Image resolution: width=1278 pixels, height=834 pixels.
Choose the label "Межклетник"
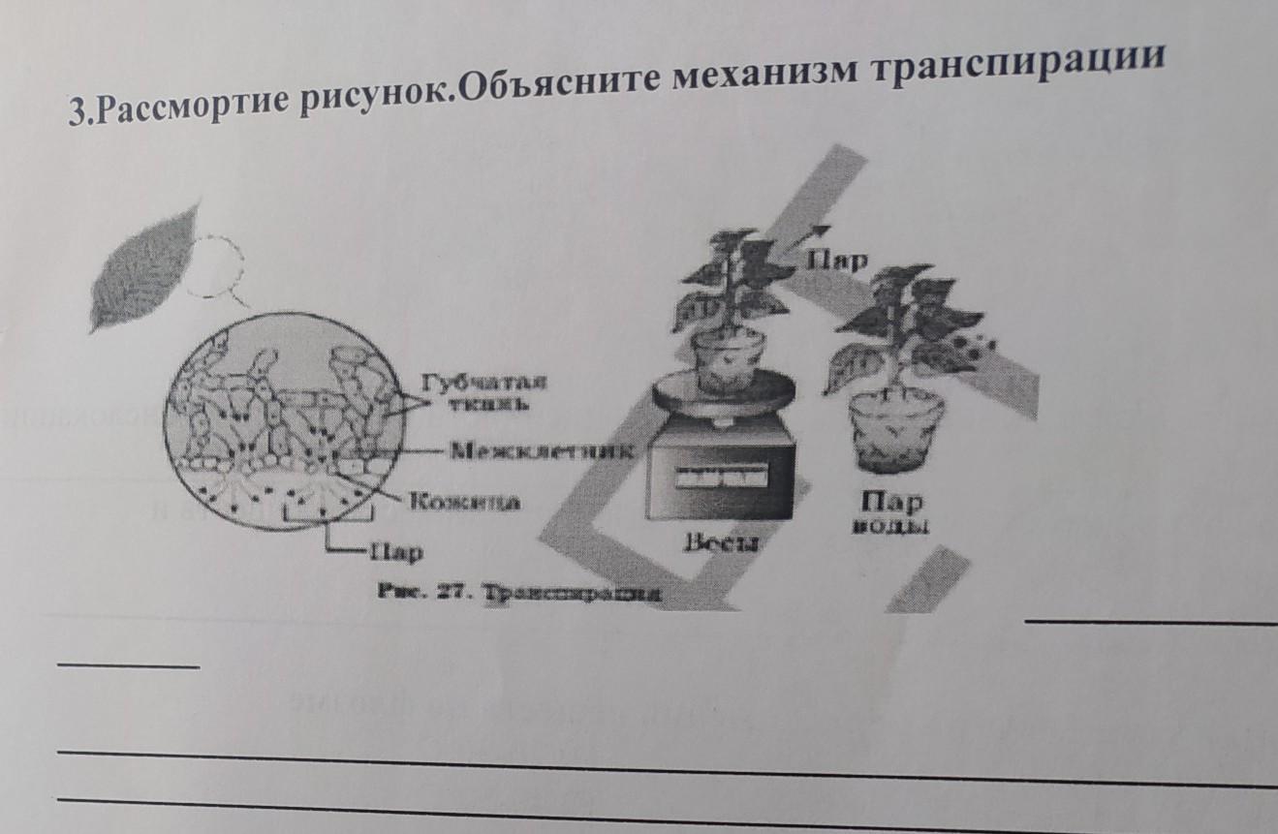(x=543, y=450)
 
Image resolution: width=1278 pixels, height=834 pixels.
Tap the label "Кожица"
(x=464, y=502)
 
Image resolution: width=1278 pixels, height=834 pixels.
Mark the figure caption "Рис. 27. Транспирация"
(x=520, y=594)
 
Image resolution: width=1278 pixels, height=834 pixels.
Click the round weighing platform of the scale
(x=724, y=392)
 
